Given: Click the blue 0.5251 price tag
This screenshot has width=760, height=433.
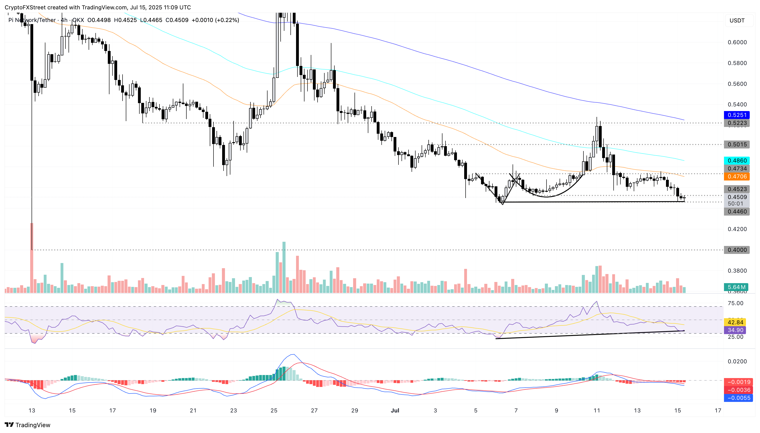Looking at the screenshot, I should (x=737, y=115).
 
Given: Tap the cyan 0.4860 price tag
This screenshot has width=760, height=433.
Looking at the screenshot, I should (x=737, y=161).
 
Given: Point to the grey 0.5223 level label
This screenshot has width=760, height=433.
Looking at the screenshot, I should (x=737, y=123).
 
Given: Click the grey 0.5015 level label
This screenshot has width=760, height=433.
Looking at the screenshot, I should (x=737, y=144).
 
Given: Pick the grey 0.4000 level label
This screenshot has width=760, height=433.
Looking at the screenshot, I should (x=737, y=250).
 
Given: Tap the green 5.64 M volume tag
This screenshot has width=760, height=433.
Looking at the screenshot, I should (x=736, y=287).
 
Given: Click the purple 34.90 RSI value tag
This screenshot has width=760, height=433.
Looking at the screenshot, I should (x=735, y=330).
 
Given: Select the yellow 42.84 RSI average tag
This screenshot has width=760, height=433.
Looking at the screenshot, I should (x=735, y=322).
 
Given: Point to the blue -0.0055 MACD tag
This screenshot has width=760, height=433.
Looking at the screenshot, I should (x=738, y=398).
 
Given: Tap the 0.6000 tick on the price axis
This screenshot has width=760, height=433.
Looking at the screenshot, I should (x=737, y=42).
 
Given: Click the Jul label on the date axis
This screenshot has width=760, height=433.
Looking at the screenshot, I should (x=395, y=410).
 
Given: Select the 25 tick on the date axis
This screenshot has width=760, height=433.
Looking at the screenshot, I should (x=274, y=410).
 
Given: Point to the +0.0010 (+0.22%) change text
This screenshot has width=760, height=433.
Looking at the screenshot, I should (x=215, y=20).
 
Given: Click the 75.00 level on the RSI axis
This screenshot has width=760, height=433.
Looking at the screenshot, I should (x=735, y=303).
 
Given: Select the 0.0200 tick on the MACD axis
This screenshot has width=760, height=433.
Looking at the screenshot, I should (x=737, y=361).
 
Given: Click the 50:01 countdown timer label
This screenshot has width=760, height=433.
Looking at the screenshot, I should (x=735, y=204).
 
